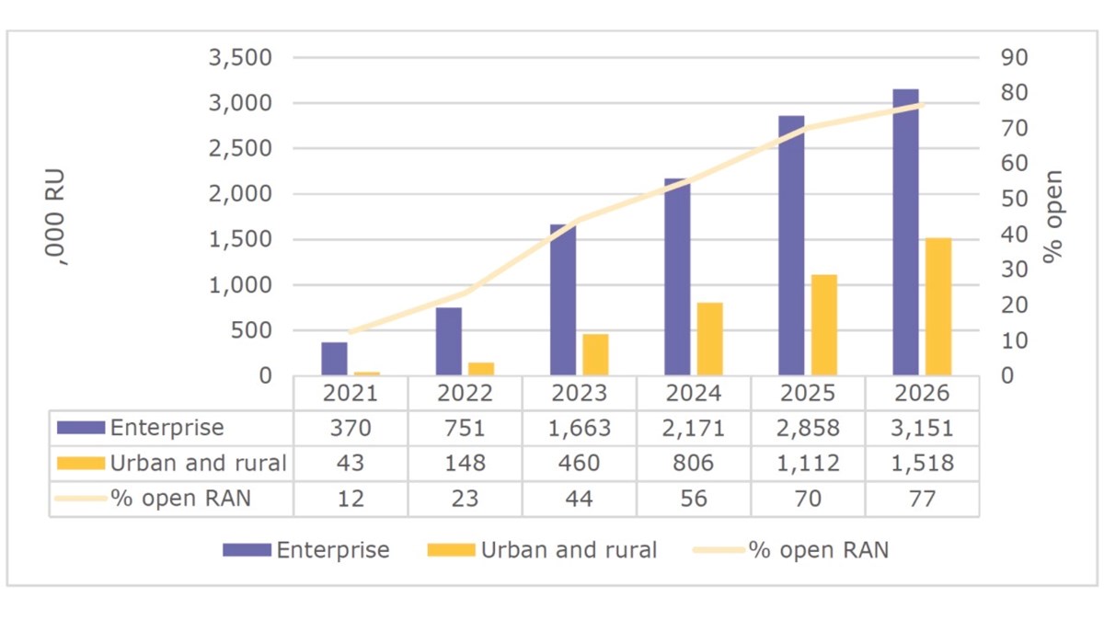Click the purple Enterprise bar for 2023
[563, 300]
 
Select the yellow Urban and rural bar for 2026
[939, 306]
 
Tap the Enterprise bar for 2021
[334, 359]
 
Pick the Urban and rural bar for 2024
[710, 339]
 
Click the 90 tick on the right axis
[1014, 58]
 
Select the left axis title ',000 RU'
[61, 217]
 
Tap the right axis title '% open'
[1052, 217]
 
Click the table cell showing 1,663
[580, 428]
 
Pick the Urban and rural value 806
[694, 463]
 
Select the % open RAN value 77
[922, 498]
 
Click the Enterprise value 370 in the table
[351, 428]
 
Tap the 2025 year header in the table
[808, 394]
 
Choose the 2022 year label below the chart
[466, 394]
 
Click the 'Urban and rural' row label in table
[198, 463]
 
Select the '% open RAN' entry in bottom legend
[818, 550]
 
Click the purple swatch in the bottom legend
[247, 550]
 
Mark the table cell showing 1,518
[922, 463]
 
